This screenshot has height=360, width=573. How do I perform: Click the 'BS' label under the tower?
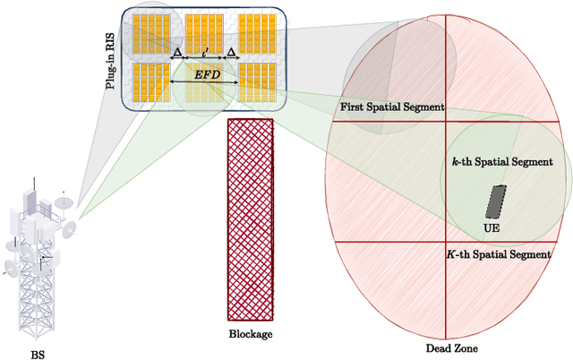point(37,354)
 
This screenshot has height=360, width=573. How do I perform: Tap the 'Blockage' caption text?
point(250,334)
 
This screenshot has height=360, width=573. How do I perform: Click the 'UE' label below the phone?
point(492,228)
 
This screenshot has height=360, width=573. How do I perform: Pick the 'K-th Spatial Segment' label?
point(498,255)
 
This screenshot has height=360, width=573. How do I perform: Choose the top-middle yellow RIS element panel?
point(204,32)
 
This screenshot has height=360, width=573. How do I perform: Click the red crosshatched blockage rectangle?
point(250,219)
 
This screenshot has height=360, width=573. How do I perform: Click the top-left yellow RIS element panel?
point(150,32)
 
